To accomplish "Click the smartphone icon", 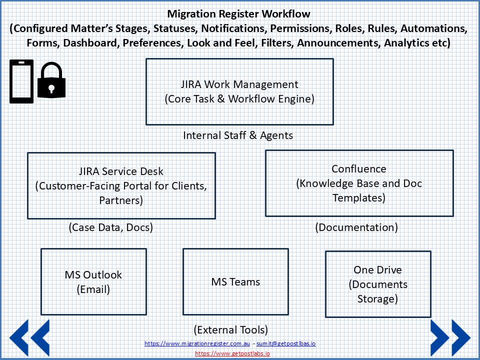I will tap(21, 81).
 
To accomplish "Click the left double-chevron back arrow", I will tap(29, 338).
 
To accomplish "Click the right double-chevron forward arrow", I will tap(450, 338).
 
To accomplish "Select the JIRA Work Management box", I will tap(239, 91).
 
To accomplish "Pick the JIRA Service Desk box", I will tap(121, 185).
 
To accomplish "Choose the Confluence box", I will tap(359, 183).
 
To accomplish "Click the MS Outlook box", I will tap(93, 281).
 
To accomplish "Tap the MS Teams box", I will tap(235, 281).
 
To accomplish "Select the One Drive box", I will tap(378, 284).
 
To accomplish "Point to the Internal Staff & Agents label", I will tap(238, 135).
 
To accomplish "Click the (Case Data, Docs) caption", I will tap(110, 227).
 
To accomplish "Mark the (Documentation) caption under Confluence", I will tap(356, 227).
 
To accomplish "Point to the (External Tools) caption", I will tap(230, 330).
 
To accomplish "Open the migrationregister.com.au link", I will tap(197, 343).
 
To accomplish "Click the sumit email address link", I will tap(286, 343).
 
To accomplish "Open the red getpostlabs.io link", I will tap(232, 353).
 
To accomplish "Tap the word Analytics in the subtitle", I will tap(407, 43).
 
